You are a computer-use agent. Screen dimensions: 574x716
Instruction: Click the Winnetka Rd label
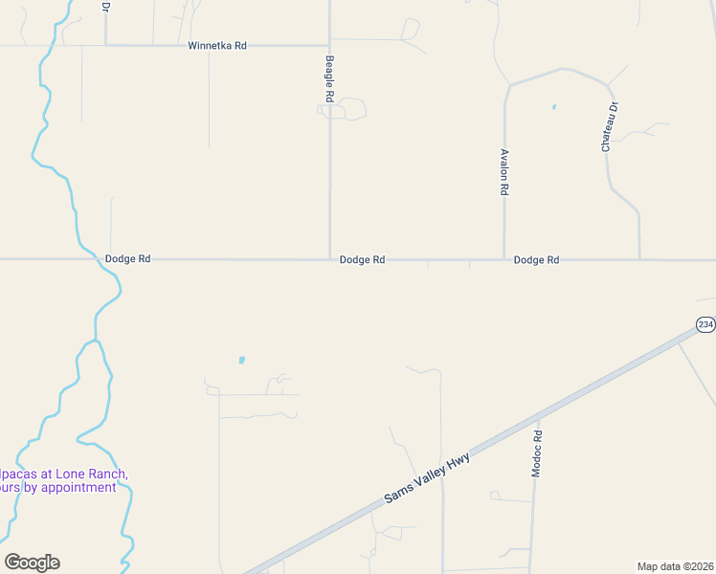click(x=217, y=45)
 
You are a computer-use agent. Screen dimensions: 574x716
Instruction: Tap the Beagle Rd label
click(x=329, y=78)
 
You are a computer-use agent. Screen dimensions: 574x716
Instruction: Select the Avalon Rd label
click(x=503, y=172)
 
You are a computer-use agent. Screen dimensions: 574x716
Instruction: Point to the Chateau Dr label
click(x=605, y=127)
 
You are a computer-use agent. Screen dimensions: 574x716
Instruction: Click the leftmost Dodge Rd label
click(x=127, y=259)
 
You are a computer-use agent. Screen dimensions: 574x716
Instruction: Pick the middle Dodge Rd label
click(x=362, y=259)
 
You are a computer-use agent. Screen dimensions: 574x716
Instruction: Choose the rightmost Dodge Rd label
click(x=536, y=259)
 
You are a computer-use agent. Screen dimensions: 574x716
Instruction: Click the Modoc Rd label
click(x=537, y=453)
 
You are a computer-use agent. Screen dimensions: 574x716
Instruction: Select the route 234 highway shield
click(x=705, y=325)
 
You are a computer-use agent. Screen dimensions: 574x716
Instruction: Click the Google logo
click(x=32, y=563)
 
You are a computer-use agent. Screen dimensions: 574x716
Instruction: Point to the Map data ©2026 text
click(x=676, y=565)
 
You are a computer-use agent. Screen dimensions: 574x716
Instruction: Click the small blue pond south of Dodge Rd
click(x=241, y=361)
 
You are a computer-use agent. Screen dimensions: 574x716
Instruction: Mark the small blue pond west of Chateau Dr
click(x=554, y=107)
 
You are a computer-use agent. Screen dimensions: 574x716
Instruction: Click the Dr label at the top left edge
click(x=105, y=6)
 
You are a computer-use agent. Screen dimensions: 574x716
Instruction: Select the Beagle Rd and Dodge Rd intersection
click(x=330, y=259)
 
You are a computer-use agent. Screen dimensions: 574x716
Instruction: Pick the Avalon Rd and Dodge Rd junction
click(x=504, y=259)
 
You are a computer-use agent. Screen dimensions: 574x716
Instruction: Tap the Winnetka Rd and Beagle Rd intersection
click(x=330, y=45)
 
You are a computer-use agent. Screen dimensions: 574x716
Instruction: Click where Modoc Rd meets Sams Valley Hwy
click(x=538, y=417)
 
